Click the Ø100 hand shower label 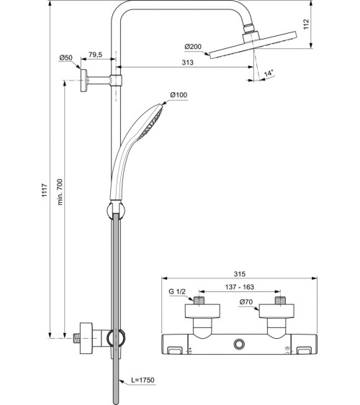(x=179, y=96)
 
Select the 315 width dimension (x=240, y=275)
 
